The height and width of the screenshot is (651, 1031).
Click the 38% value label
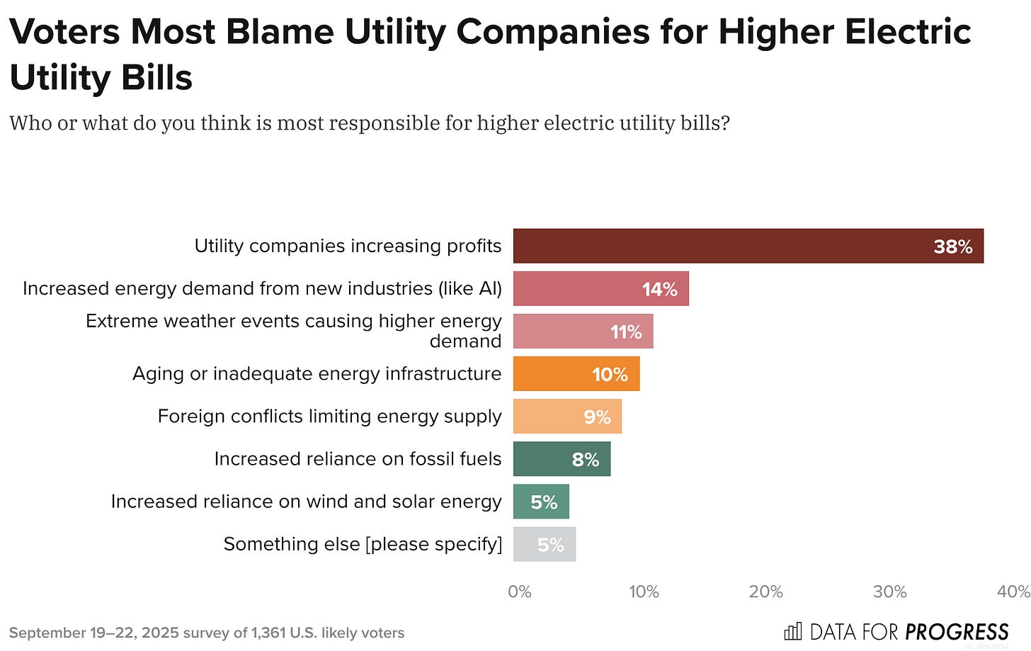coord(952,247)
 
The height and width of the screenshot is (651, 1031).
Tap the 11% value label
coord(626,332)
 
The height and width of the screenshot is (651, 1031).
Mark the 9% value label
coord(597,417)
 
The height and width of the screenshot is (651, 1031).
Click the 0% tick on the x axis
coord(519,591)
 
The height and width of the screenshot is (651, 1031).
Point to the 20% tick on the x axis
coord(765,591)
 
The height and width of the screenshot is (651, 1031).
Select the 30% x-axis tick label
coord(889,591)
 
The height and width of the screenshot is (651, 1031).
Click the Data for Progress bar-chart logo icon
coord(793,631)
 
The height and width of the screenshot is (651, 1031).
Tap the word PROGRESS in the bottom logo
coord(957,632)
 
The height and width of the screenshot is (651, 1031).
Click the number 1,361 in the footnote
coord(268,633)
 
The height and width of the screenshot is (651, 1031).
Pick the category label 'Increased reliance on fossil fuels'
coord(358,459)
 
